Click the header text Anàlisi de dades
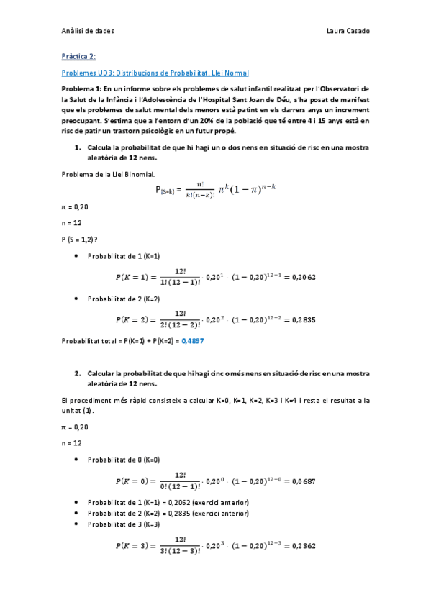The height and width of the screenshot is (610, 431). pos(88,32)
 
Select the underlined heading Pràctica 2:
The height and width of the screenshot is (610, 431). pos(78,55)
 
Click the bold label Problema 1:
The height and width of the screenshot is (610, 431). pos(83,88)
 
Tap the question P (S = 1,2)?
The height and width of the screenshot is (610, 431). pos(80,239)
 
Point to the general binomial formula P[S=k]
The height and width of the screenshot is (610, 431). pos(215,190)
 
